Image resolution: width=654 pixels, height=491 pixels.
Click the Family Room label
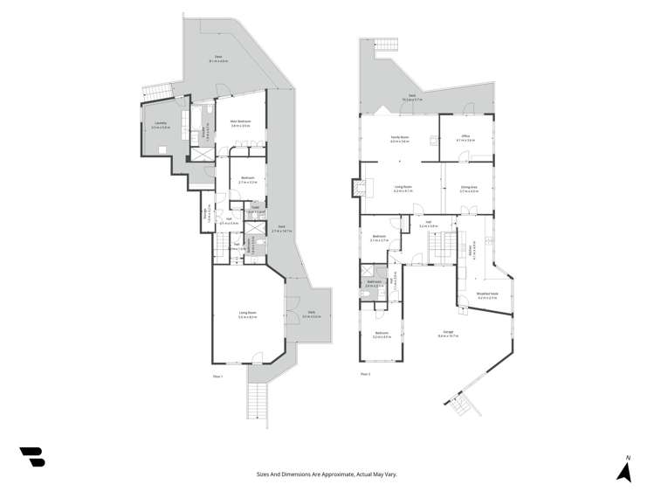tap(401, 139)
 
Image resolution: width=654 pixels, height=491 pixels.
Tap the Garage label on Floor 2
tap(447, 333)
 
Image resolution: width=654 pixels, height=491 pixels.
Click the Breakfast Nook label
tap(487, 295)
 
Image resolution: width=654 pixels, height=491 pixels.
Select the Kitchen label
tap(471, 247)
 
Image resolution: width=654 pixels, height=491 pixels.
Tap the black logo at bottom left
tap(32, 457)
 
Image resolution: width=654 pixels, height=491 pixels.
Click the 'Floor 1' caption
tap(218, 376)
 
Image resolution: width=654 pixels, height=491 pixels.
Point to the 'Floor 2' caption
tap(365, 376)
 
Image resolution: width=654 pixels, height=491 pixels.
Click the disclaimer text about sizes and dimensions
tap(327, 474)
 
